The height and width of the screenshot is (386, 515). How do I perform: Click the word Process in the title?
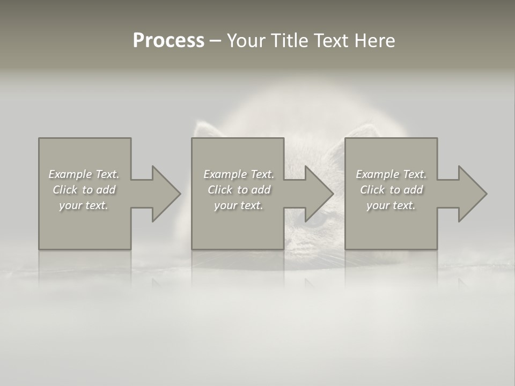(168, 41)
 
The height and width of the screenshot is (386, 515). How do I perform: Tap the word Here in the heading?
(375, 41)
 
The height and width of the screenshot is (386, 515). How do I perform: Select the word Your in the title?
(246, 41)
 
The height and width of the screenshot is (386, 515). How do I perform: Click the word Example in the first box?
(70, 174)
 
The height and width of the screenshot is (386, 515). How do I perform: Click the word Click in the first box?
(65, 190)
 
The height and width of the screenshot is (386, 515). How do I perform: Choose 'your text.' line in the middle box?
(238, 205)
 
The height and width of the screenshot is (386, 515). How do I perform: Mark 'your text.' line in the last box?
(391, 205)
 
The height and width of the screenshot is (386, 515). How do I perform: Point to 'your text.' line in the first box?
(83, 205)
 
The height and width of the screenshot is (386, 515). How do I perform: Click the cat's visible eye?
(317, 219)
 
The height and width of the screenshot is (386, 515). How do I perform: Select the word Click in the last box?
(372, 190)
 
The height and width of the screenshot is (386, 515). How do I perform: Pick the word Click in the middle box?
(220, 190)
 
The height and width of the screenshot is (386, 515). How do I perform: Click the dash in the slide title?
(215, 41)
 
